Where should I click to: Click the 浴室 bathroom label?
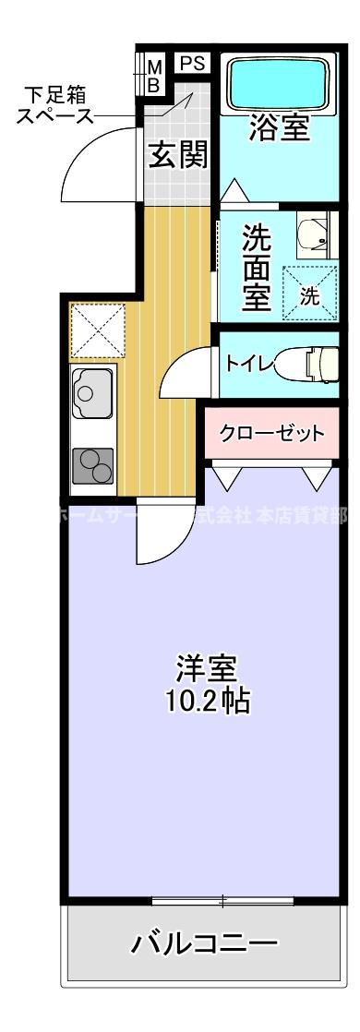(x=280, y=128)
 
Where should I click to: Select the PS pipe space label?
(x=191, y=63)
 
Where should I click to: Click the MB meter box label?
(x=155, y=75)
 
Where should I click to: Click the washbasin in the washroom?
(x=315, y=236)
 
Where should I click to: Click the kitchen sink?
(x=92, y=391)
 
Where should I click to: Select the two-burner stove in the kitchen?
(x=92, y=465)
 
